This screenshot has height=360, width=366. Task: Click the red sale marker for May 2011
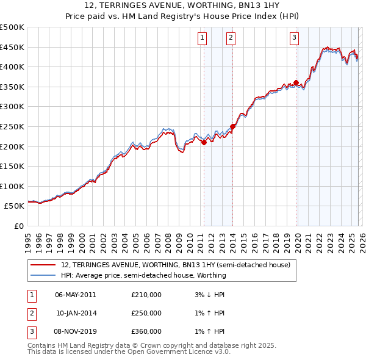click(x=204, y=142)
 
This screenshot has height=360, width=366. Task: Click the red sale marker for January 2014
click(x=232, y=126)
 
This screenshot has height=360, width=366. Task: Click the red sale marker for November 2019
click(x=296, y=82)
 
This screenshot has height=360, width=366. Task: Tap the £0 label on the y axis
click(x=18, y=226)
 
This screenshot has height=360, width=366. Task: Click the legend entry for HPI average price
click(x=143, y=275)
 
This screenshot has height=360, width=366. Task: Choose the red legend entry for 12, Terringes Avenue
click(x=179, y=265)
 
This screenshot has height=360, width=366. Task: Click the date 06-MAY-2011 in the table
click(x=75, y=295)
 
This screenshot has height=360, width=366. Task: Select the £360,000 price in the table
click(x=146, y=331)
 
